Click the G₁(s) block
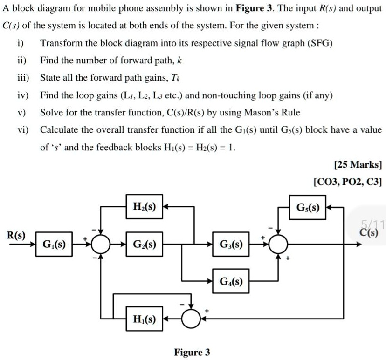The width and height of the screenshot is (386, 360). point(54,244)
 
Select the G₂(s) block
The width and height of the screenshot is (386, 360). point(145,244)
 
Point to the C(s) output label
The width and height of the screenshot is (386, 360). point(371,232)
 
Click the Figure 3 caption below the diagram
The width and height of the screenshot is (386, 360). point(192,352)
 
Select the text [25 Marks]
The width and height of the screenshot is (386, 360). point(358,164)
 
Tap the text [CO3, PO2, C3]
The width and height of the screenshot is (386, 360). point(348,182)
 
